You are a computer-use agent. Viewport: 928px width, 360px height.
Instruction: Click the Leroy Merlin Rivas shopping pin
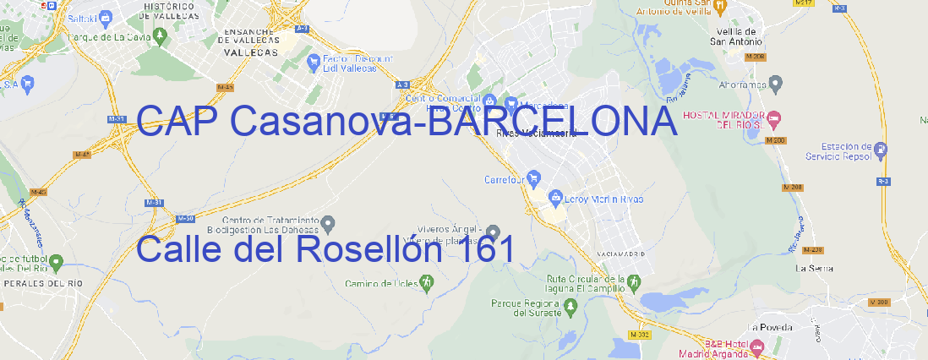(555, 198)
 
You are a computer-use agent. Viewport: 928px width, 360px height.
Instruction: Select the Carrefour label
(505, 179)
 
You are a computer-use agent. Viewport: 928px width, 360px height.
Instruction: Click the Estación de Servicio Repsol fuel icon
(882, 150)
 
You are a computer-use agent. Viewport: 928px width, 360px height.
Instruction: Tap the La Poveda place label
(771, 327)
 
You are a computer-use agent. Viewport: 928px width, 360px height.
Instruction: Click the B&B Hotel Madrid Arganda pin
(757, 346)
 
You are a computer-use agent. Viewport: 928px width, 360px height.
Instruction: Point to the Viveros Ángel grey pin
(494, 232)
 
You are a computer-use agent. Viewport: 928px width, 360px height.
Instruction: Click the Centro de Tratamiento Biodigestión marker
(329, 223)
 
